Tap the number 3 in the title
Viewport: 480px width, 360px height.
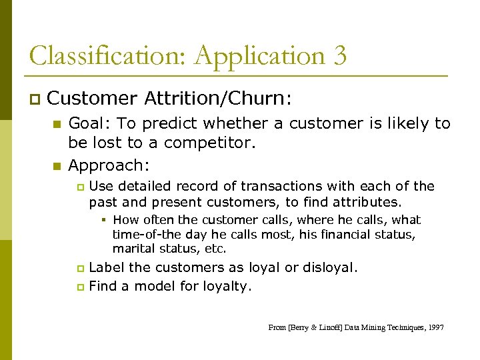coord(339,56)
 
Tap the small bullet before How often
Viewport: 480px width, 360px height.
coord(106,220)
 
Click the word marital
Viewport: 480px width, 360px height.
coord(133,249)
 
